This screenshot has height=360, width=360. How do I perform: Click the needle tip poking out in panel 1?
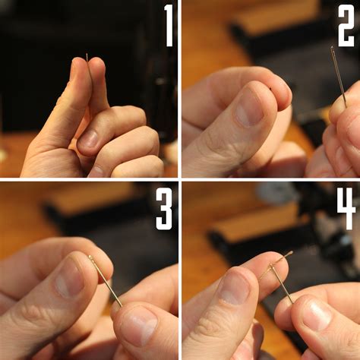[x=87, y=57]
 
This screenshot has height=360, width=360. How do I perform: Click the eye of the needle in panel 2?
[x=333, y=51]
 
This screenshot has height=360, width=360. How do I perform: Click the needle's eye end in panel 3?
[x=90, y=258]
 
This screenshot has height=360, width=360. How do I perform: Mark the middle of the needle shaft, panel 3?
[x=106, y=283]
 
